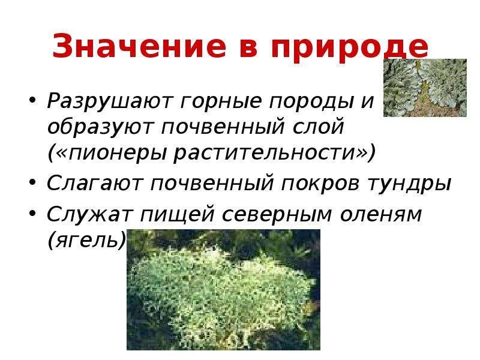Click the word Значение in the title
(139, 46)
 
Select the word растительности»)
(274, 152)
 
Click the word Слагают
(95, 183)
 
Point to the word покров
(320, 184)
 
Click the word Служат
(89, 214)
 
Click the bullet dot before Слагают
(32, 183)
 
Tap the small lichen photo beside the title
(425, 88)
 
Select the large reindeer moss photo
(223, 290)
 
